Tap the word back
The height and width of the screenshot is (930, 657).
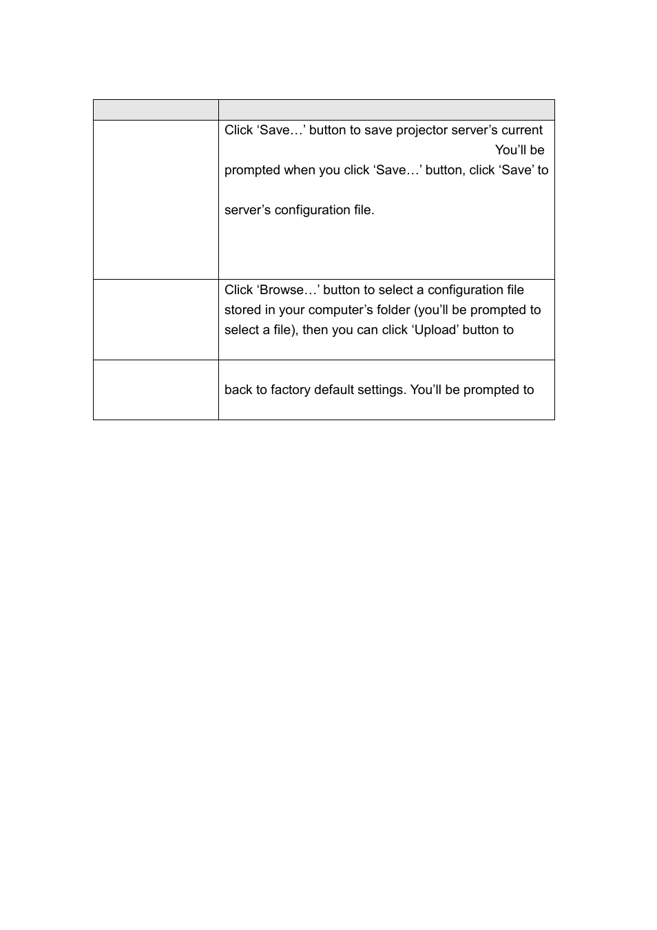pos(238,390)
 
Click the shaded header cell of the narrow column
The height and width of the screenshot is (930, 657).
pos(156,110)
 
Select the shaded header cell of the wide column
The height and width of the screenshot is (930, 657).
pos(386,110)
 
